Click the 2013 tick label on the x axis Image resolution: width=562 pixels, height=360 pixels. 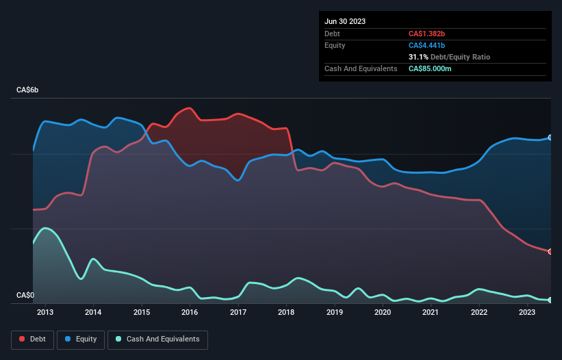click(x=45, y=313)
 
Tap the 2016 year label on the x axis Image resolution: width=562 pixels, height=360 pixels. click(x=190, y=313)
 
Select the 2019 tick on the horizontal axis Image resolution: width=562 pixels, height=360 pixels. click(x=334, y=313)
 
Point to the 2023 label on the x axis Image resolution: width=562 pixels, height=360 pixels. click(x=527, y=313)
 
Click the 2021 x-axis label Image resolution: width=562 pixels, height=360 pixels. click(x=431, y=313)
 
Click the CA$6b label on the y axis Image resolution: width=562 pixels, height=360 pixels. click(x=28, y=90)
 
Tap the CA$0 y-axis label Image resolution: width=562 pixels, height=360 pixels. click(x=25, y=295)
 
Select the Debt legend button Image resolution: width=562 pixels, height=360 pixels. click(x=33, y=339)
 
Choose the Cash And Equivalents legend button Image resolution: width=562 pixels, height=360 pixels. click(x=157, y=339)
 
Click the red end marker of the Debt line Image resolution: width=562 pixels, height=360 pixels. click(x=550, y=251)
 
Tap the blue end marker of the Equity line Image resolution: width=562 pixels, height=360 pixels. click(x=550, y=138)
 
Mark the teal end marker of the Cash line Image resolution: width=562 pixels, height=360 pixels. click(x=550, y=300)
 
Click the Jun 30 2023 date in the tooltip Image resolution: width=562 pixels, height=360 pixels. click(x=345, y=21)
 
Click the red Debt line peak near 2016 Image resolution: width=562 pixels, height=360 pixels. click(x=189, y=108)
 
